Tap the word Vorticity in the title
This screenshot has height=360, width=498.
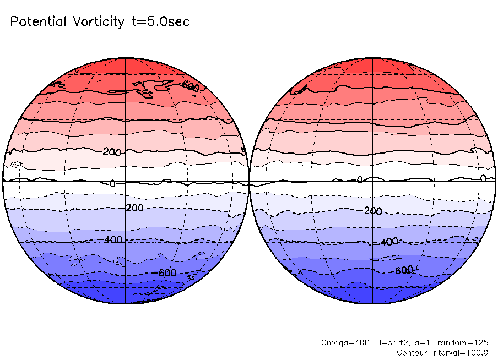(x=97, y=22)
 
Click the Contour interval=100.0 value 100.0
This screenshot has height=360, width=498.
(x=475, y=352)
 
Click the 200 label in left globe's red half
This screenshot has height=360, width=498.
(x=112, y=152)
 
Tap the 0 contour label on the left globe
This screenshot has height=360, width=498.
(x=112, y=184)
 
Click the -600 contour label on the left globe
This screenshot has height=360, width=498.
(x=166, y=273)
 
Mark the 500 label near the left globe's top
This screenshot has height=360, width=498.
(x=190, y=86)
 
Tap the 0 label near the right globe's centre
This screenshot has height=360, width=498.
(x=360, y=180)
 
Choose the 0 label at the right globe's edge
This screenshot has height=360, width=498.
(x=483, y=178)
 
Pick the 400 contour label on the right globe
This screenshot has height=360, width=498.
(x=389, y=242)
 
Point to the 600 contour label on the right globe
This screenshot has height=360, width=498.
(x=403, y=270)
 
